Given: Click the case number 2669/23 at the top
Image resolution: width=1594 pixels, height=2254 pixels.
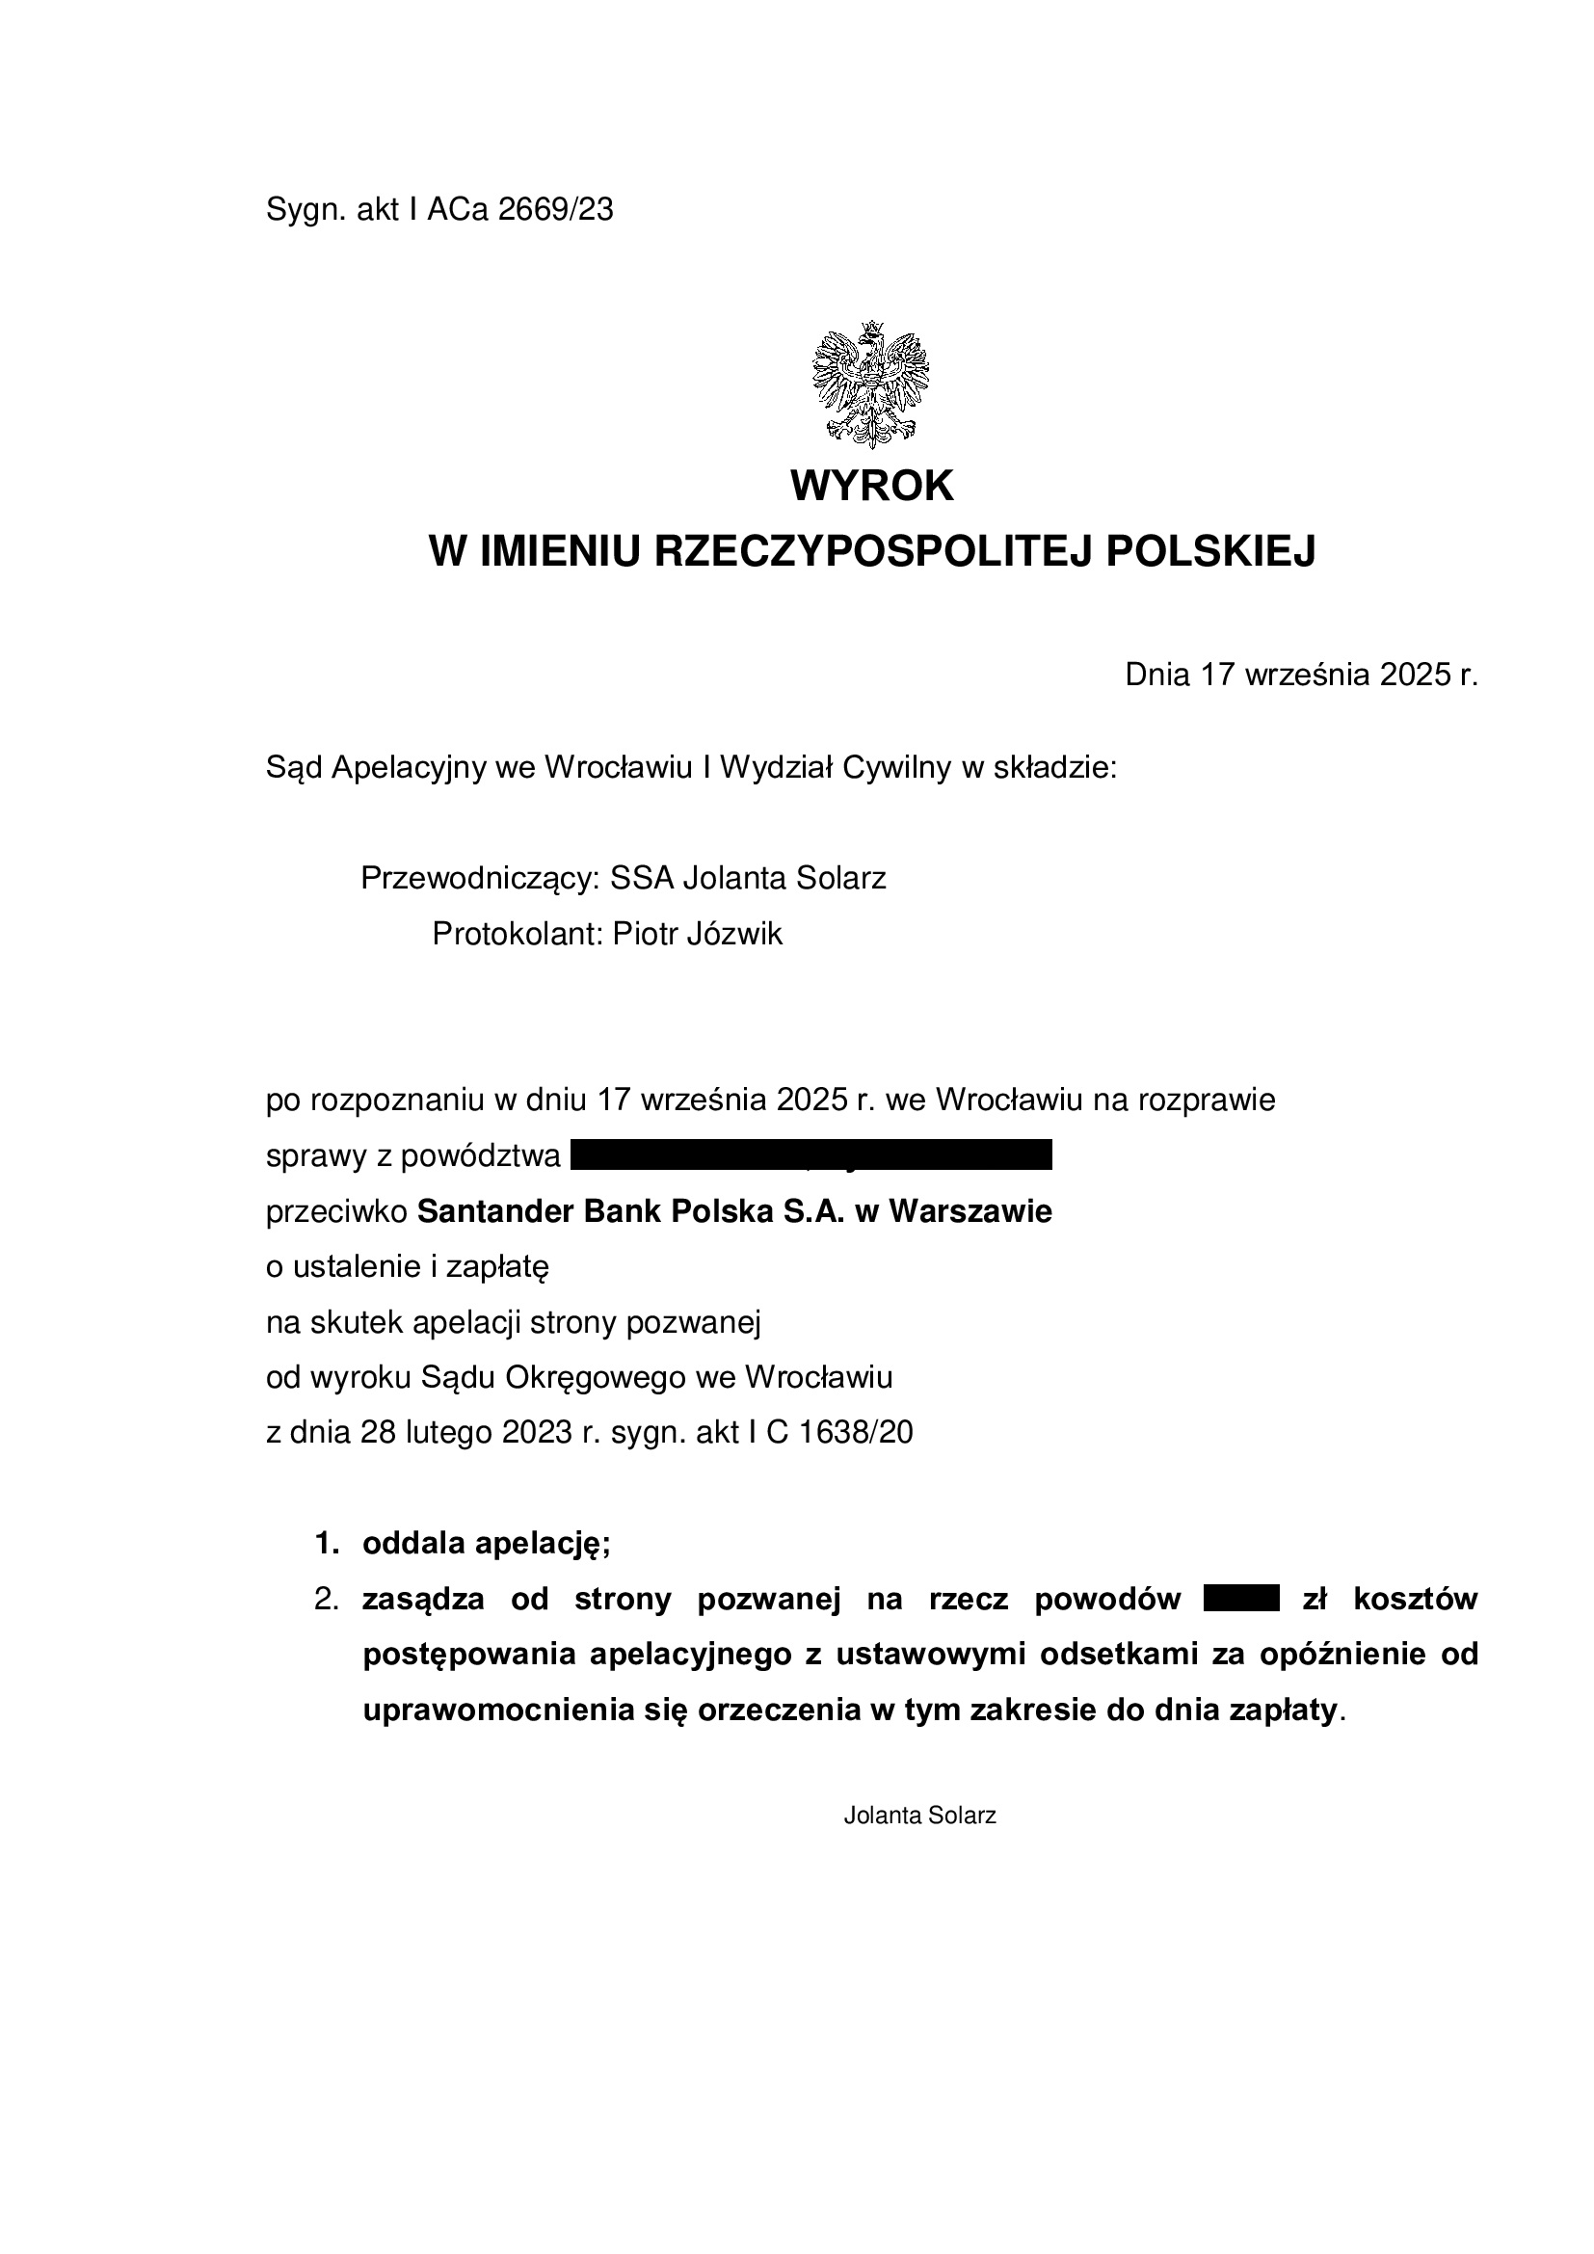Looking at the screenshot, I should click(x=555, y=210).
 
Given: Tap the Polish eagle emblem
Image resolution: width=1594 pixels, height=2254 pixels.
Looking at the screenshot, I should click(x=870, y=385).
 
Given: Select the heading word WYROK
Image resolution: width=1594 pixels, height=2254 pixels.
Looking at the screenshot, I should click(x=871, y=486).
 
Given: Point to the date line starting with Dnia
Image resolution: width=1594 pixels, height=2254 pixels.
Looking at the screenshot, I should click(x=1300, y=675).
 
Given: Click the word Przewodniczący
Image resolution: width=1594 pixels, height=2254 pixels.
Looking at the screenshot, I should click(x=480, y=878).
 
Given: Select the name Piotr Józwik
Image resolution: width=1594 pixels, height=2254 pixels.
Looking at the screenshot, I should click(x=698, y=934).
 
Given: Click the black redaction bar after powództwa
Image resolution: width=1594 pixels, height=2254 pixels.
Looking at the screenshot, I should click(x=810, y=1154).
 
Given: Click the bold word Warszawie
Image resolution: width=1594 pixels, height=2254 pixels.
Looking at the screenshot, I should click(x=970, y=1211).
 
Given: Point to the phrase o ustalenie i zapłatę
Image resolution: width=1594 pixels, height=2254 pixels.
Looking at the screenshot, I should click(x=408, y=1267).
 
